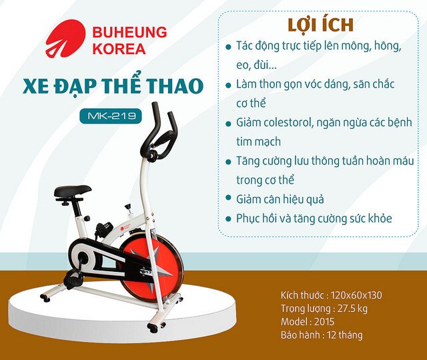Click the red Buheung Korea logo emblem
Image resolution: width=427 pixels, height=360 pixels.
click(x=65, y=39)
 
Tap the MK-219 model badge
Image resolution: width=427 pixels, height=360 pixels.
click(x=111, y=116)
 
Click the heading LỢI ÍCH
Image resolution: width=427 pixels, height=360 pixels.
click(x=320, y=25)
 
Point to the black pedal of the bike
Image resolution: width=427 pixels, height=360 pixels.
click(x=73, y=279)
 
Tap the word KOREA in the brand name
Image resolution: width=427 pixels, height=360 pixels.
click(x=119, y=49)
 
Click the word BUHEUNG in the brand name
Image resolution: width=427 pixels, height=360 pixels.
click(x=129, y=32)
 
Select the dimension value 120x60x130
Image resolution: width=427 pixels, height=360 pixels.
click(x=356, y=295)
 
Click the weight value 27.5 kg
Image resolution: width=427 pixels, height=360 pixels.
click(x=352, y=309)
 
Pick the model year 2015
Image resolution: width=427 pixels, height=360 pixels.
click(x=324, y=322)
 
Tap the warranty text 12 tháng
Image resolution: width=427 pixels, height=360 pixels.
click(x=345, y=335)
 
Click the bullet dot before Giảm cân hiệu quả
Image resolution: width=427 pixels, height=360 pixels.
click(x=228, y=198)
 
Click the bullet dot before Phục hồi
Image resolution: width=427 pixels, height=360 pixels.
click(x=228, y=218)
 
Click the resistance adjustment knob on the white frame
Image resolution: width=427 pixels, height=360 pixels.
click(x=128, y=206)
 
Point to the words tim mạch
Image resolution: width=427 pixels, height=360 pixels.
click(x=258, y=142)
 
